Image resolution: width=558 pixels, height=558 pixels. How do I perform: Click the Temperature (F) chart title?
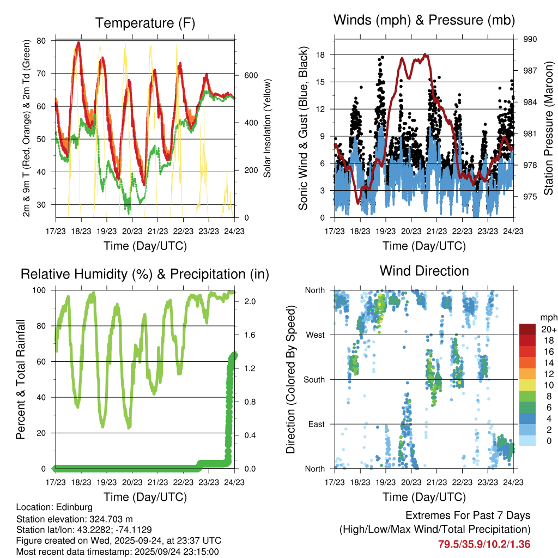(x=145, y=23)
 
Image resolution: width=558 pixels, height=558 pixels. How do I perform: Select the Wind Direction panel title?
(x=424, y=270)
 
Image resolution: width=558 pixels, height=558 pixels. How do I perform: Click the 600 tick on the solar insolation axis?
(x=243, y=75)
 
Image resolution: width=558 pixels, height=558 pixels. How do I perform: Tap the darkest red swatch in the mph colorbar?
(x=527, y=329)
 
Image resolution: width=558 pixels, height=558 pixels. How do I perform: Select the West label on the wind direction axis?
(x=314, y=335)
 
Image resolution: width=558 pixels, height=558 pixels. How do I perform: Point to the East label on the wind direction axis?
(x=316, y=424)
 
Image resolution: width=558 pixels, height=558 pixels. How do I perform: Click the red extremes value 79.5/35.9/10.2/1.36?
(x=484, y=544)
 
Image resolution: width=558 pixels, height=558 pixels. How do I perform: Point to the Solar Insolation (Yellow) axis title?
(x=268, y=129)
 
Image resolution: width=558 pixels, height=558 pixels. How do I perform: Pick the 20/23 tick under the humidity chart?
(x=132, y=482)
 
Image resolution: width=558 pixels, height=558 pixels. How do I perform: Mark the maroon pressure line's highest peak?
(x=426, y=55)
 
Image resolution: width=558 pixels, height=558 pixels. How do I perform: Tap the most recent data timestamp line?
(x=117, y=551)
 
